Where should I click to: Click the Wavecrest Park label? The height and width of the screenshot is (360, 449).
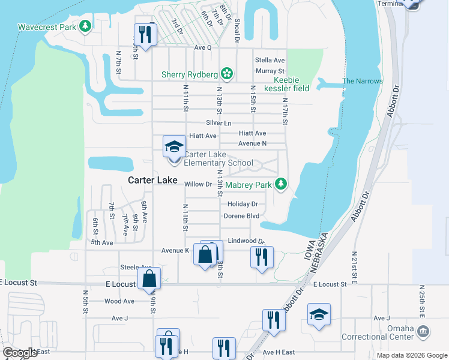click(46, 27)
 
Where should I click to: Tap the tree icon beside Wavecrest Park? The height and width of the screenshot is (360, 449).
click(86, 26)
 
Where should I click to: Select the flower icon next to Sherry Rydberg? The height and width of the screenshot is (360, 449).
click(227, 74)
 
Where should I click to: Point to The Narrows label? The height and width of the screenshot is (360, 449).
click(362, 81)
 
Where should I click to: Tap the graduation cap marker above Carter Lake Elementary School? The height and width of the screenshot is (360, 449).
click(174, 147)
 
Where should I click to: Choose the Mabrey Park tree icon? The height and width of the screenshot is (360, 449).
click(280, 185)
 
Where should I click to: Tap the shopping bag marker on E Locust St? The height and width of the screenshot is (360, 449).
click(149, 279)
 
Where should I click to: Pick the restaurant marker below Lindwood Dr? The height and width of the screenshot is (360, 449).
click(262, 258)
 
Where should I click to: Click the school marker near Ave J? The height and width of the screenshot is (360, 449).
click(319, 315)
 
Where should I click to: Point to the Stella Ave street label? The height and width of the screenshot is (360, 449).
click(270, 60)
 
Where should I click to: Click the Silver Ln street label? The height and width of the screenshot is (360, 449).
click(218, 122)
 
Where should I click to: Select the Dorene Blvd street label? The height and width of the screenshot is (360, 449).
click(241, 216)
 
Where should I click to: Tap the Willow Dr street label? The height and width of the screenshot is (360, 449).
click(199, 184)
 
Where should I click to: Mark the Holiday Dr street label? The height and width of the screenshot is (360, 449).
click(243, 204)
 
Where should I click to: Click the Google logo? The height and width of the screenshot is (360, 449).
click(20, 352)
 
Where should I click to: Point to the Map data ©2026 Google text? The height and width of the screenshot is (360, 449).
click(411, 355)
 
